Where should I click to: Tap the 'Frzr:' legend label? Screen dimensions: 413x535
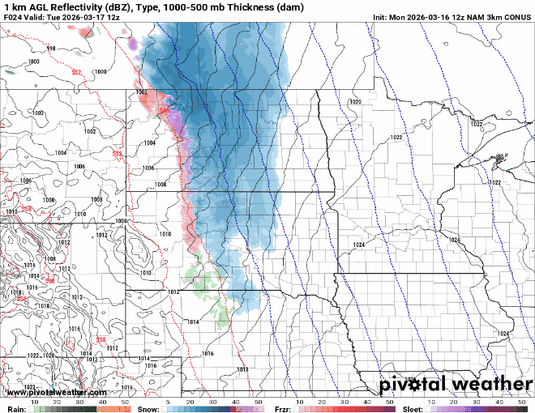pos(283,408)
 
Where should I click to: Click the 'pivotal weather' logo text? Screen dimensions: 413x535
pos(456,383)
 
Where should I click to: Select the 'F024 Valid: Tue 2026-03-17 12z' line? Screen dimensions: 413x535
pos(62,16)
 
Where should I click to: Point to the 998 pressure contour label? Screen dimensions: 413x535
pos(52,49)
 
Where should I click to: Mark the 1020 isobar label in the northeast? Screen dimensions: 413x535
pos(354,101)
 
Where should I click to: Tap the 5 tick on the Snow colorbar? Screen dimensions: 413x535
pos(168,402)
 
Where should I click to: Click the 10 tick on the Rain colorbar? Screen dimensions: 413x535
pos(35,402)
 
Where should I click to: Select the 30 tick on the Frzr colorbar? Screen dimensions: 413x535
pos(345,402)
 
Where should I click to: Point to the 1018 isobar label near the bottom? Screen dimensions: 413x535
pos(242,369)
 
